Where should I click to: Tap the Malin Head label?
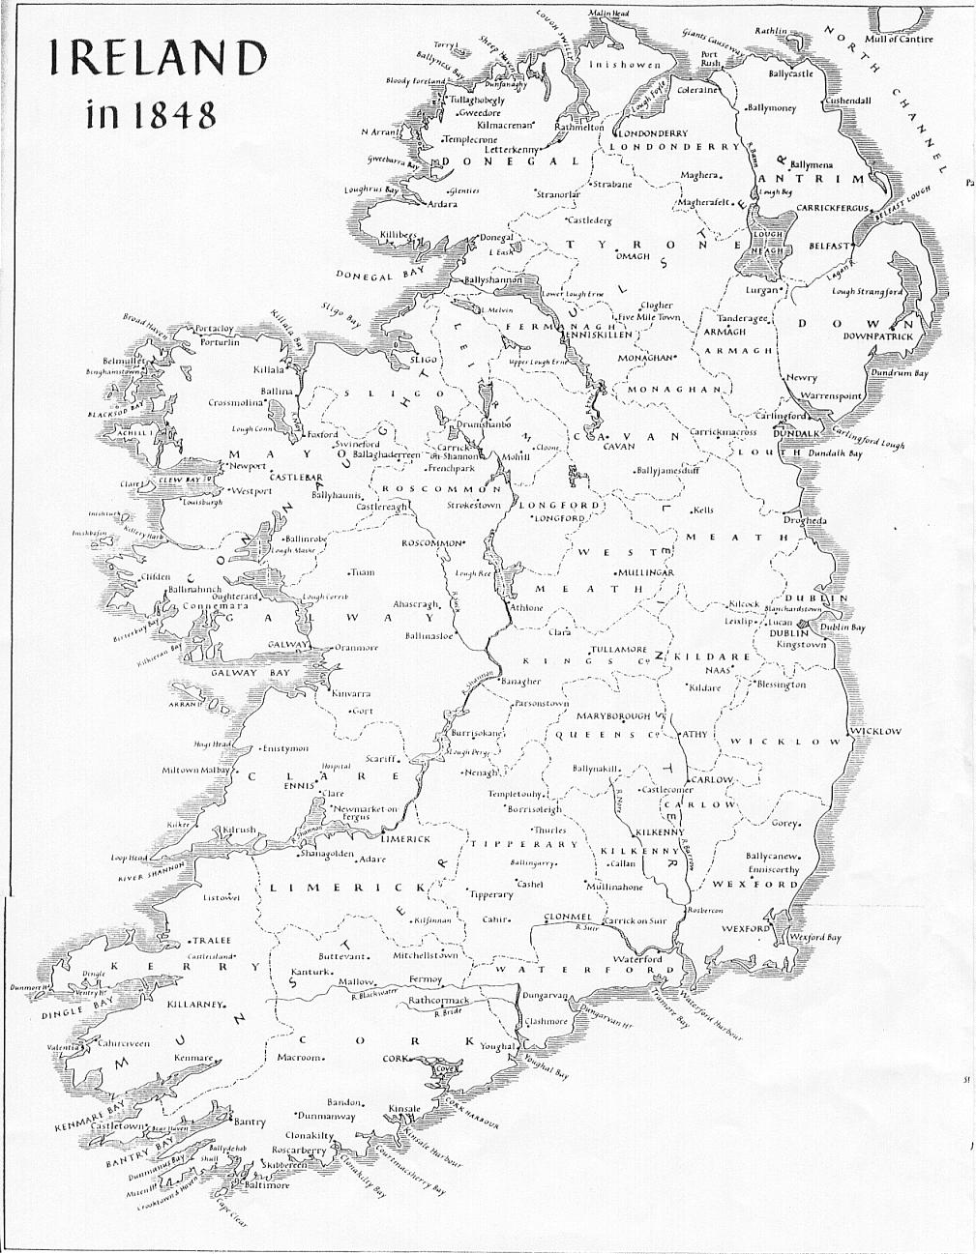click(x=607, y=13)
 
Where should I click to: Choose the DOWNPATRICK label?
click(x=877, y=336)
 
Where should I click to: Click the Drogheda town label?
click(x=805, y=521)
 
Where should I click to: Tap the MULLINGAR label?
click(x=644, y=572)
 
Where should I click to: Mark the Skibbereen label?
click(x=283, y=1166)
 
